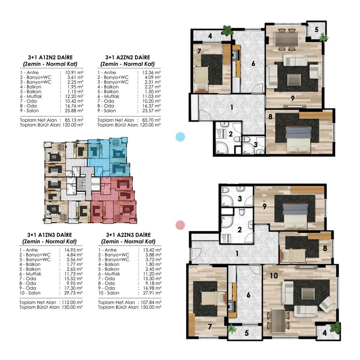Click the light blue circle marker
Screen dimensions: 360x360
180,137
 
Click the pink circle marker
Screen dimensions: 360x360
180,225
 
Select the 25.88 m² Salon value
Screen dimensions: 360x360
74,111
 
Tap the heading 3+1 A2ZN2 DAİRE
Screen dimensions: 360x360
127,57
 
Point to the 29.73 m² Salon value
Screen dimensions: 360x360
73,293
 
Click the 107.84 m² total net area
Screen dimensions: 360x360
151,302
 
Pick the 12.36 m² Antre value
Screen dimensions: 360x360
151,73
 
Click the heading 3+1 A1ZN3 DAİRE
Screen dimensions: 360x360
50,235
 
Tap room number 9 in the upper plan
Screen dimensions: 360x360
292,98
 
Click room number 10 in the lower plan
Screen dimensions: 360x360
274,276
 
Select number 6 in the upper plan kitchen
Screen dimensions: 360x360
253,63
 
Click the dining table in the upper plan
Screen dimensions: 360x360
286,40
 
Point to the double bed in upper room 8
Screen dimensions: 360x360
299,139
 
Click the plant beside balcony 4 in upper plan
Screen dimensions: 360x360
227,30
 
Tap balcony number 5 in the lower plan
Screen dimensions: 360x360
247,333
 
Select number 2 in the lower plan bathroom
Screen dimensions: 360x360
240,230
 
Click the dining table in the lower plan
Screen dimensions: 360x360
278,321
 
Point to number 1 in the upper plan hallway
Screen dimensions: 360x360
232,107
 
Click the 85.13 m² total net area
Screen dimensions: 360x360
74,120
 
